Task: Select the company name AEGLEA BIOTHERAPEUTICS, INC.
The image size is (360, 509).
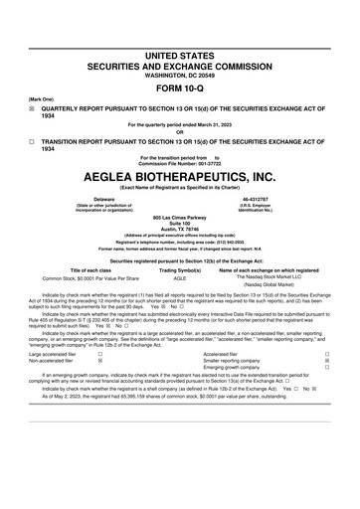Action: click(179, 175)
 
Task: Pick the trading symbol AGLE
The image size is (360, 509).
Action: click(180, 278)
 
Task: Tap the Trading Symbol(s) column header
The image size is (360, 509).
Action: click(180, 269)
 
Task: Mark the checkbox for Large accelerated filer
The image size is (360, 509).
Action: click(100, 353)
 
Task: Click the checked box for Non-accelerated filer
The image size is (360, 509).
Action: click(100, 360)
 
